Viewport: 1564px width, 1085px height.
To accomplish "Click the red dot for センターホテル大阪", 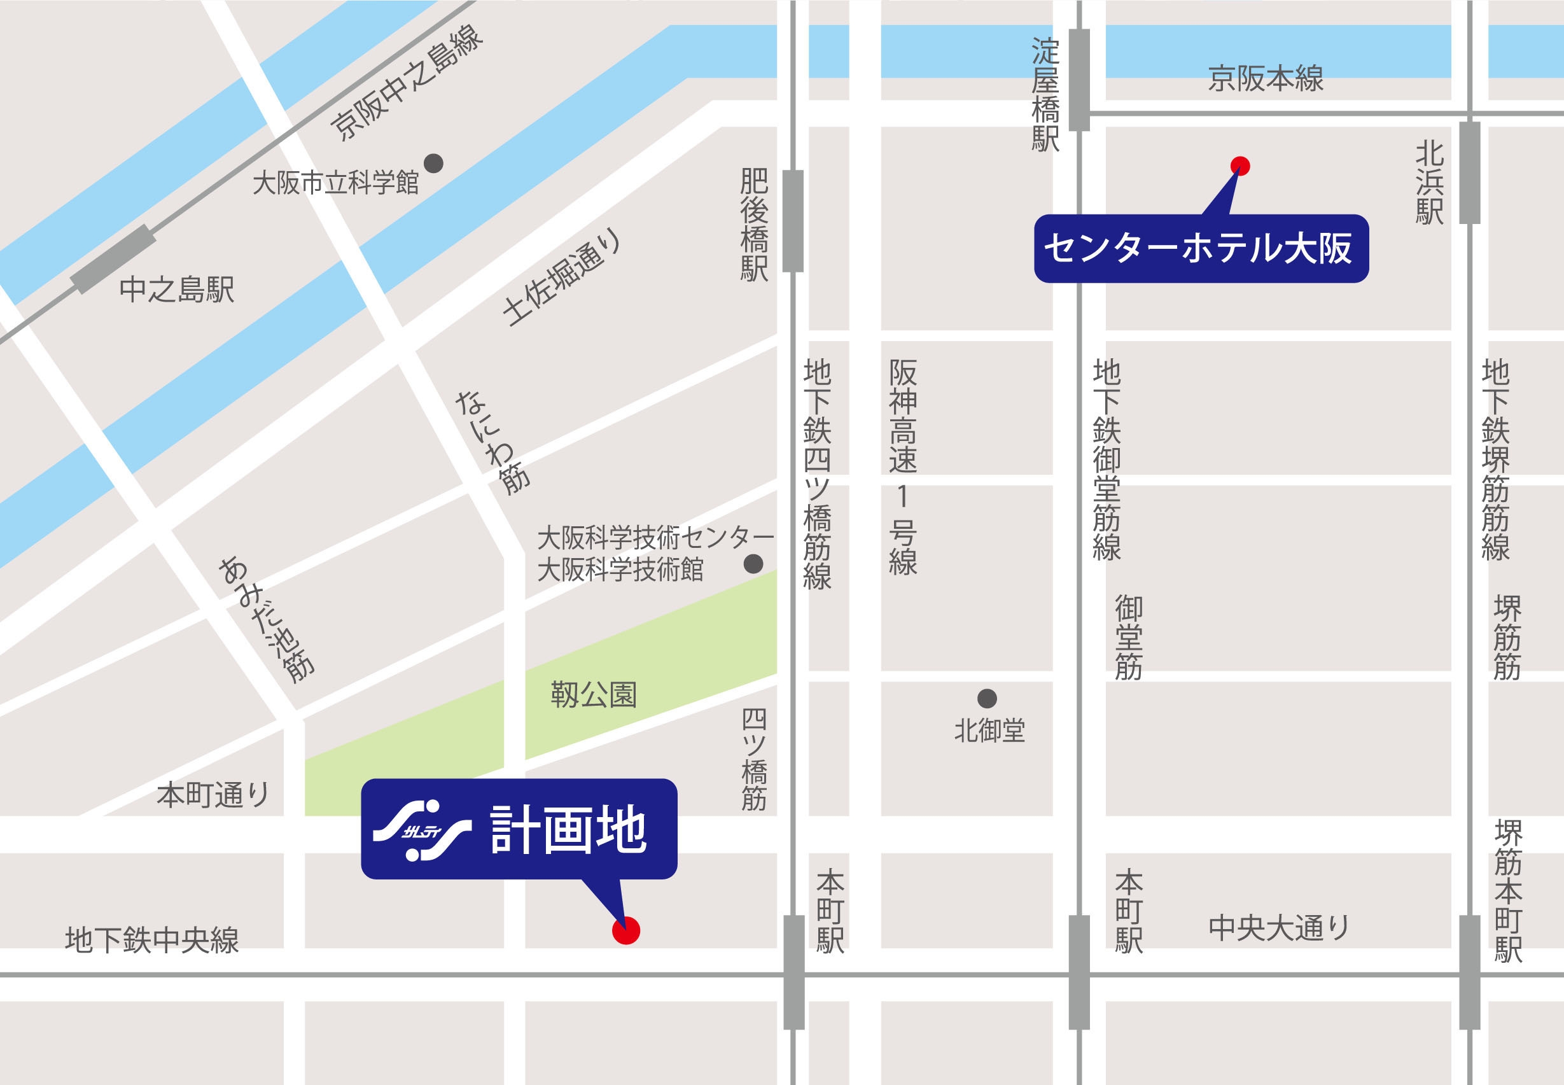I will [1239, 166].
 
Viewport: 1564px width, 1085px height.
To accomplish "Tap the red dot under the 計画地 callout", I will [625, 930].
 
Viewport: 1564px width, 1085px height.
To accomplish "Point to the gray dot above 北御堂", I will [987, 698].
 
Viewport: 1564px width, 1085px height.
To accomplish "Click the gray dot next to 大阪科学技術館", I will [753, 564].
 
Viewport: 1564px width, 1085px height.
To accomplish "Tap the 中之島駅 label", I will [177, 290].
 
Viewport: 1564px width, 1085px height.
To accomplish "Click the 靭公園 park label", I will [594, 695].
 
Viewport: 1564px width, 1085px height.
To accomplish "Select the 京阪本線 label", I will [1266, 79].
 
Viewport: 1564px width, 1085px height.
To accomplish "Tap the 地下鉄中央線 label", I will [152, 940].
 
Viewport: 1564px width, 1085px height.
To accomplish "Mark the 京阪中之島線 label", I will [407, 83].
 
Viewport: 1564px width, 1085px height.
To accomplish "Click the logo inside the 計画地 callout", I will [422, 830].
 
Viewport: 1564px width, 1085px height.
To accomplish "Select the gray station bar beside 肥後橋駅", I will [793, 221].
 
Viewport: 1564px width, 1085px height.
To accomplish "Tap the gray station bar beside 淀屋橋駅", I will [1079, 80].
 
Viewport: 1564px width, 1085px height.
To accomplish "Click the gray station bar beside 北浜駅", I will [1470, 172].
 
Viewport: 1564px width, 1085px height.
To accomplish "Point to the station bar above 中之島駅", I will [113, 259].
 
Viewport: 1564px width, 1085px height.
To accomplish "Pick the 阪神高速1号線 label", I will [903, 467].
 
